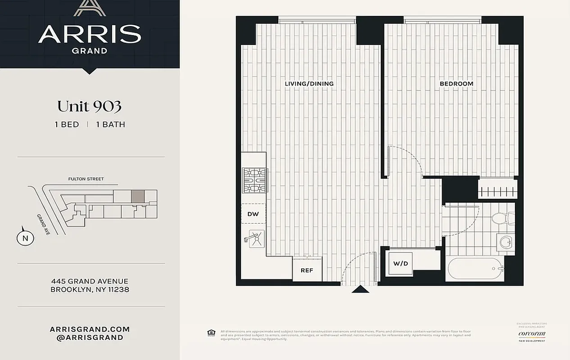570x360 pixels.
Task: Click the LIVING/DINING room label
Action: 309,84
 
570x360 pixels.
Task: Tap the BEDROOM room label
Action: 456,84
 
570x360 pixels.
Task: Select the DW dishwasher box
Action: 253,214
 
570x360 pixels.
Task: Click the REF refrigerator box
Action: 307,270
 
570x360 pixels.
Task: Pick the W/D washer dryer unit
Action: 400,264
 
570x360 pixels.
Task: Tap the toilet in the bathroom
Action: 501,219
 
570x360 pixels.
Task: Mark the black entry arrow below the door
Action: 360,289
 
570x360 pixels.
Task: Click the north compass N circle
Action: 25,238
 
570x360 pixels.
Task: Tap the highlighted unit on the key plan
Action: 138,196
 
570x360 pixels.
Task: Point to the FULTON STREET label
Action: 86,179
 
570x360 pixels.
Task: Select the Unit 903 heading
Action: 89,106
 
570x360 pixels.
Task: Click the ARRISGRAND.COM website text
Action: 90,329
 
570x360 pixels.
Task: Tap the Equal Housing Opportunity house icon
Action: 211,333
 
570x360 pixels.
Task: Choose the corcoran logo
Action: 532,334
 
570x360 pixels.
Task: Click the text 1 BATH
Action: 110,125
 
